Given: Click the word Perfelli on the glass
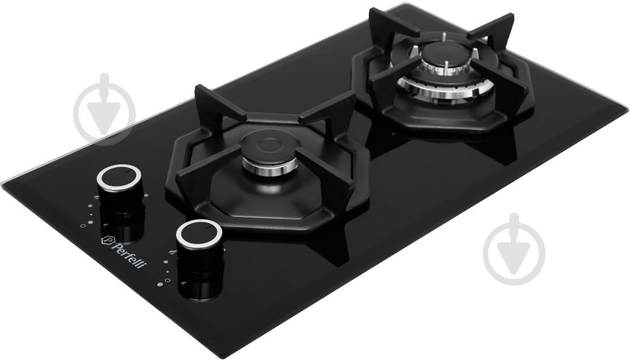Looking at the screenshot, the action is (127, 254).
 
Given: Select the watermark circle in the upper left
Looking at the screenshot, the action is (105, 109).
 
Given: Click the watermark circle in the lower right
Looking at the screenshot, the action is (514, 249).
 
